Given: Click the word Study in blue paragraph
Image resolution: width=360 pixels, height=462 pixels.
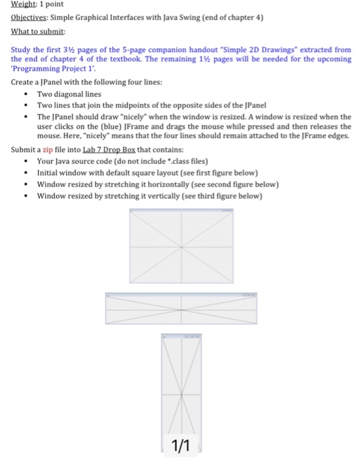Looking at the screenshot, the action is click(x=22, y=49).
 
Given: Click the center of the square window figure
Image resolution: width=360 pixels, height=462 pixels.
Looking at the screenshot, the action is click(x=181, y=244).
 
